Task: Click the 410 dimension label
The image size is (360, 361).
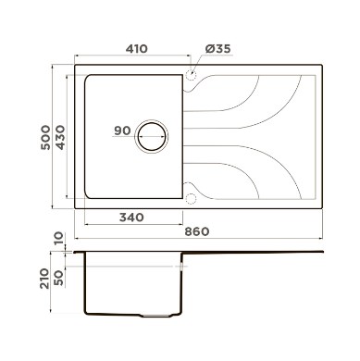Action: click(137, 49)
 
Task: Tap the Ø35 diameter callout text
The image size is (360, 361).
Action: click(218, 49)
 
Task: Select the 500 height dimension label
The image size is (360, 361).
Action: click(45, 137)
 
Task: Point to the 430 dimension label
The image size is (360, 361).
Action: click(60, 137)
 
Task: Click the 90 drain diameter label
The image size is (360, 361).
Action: click(122, 131)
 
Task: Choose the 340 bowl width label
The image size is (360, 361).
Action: click(131, 218)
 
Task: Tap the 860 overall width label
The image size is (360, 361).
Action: click(197, 231)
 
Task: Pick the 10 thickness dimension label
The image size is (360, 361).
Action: click(58, 239)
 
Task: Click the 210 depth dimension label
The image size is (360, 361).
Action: click(44, 279)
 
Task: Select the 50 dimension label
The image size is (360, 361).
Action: click(58, 278)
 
